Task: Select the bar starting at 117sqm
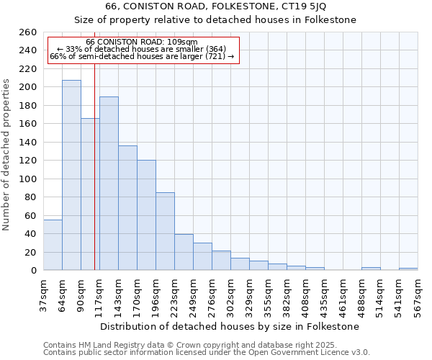(x=109, y=184)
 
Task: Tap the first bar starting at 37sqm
(x=53, y=245)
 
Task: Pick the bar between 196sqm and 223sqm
(x=165, y=231)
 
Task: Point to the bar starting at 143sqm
(x=127, y=208)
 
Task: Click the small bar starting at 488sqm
(x=371, y=269)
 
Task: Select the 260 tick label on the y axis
(x=28, y=32)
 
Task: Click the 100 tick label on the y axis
(x=28, y=179)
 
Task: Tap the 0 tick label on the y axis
(x=34, y=271)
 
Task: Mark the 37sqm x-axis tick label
(x=43, y=294)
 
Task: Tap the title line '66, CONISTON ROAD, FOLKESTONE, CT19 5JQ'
(x=215, y=6)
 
